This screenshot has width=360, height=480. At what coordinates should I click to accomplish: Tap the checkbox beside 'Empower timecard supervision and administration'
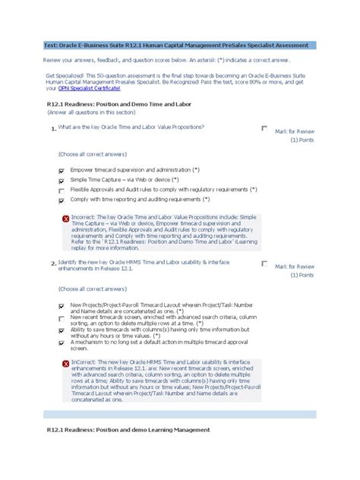pyautogui.click(x=61, y=171)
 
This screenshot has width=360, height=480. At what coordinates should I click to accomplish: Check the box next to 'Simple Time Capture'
pyautogui.click(x=61, y=182)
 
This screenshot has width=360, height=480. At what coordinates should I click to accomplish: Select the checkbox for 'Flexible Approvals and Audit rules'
pyautogui.click(x=61, y=191)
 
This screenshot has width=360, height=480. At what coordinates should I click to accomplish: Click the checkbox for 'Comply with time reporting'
pyautogui.click(x=61, y=202)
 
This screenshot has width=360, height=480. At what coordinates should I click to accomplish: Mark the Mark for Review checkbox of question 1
pyautogui.click(x=264, y=128)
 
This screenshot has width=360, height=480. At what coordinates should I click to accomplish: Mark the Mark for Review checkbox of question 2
pyautogui.click(x=264, y=263)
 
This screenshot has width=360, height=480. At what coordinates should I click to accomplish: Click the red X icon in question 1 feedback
pyautogui.click(x=65, y=219)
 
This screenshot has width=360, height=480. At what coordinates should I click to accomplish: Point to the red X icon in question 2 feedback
pyautogui.click(x=65, y=364)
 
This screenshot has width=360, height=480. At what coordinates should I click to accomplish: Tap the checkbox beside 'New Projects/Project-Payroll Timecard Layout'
pyautogui.click(x=61, y=306)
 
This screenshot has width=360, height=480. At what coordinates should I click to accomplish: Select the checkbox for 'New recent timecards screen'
pyautogui.click(x=61, y=319)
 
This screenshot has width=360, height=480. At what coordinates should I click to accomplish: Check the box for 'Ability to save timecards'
pyautogui.click(x=61, y=330)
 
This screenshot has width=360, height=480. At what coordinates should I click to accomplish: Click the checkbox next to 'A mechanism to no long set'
pyautogui.click(x=61, y=343)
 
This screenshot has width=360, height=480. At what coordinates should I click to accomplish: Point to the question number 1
pyautogui.click(x=54, y=129)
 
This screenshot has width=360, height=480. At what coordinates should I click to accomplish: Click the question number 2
pyautogui.click(x=54, y=263)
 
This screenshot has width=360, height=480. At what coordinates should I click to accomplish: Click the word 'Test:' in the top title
pyautogui.click(x=55, y=46)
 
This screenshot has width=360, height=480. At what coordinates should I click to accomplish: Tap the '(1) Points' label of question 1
pyautogui.click(x=302, y=141)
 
